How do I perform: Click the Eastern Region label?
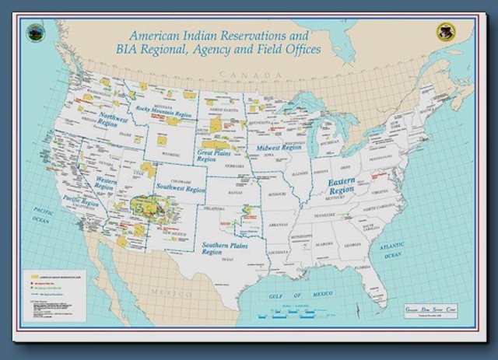tap(342, 187)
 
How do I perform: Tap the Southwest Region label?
tap(180, 189)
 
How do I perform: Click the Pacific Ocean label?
tap(41, 215)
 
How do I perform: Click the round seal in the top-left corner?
tap(36, 33)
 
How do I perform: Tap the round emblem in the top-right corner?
tap(444, 32)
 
